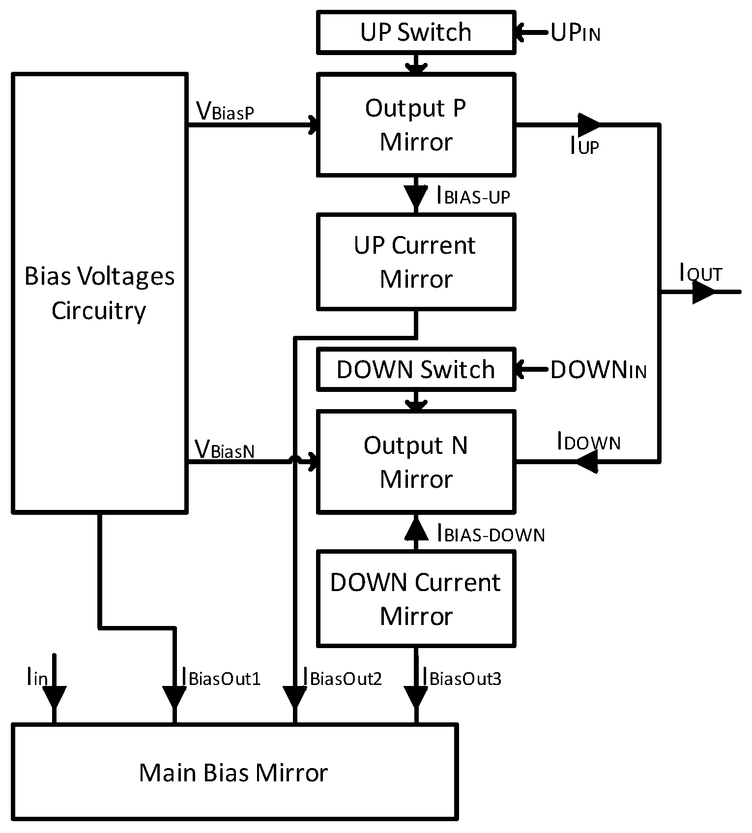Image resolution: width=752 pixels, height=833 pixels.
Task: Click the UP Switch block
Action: click(416, 32)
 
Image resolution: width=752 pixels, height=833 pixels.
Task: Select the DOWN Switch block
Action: click(416, 369)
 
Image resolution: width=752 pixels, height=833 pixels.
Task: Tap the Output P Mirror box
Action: click(416, 125)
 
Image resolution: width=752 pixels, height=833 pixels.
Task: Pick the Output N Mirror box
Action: click(416, 462)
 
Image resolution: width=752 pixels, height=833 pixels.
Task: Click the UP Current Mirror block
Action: click(416, 262)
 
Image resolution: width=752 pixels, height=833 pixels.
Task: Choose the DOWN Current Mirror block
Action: click(416, 598)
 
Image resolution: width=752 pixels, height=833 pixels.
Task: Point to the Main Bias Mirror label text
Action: click(233, 773)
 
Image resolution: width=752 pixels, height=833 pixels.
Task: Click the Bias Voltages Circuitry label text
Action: click(99, 293)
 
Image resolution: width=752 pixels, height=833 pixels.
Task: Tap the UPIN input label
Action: click(575, 33)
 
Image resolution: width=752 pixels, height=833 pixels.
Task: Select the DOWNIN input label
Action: click(598, 370)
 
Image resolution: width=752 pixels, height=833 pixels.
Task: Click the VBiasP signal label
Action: click(225, 111)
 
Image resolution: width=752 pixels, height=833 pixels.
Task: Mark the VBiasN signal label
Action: click(225, 449)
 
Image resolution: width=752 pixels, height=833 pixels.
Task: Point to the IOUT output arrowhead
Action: click(704, 293)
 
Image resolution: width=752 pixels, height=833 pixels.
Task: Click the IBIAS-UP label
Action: click(473, 196)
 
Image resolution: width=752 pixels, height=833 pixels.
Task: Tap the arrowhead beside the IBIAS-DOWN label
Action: click(416, 529)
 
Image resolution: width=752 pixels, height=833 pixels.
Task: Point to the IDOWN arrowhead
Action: click(586, 462)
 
